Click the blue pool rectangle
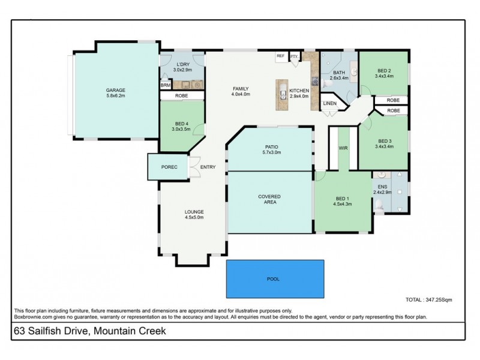(x=275, y=279)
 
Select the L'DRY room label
(x=182, y=67)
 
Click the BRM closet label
(x=165, y=86)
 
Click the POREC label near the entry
(x=169, y=167)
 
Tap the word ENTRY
(x=208, y=167)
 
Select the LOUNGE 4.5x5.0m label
(x=194, y=215)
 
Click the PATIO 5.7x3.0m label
(x=269, y=150)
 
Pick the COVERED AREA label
(x=269, y=200)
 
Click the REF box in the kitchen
(x=280, y=56)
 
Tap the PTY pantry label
(x=294, y=56)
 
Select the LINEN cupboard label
(x=330, y=104)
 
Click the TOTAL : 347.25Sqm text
(x=429, y=298)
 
